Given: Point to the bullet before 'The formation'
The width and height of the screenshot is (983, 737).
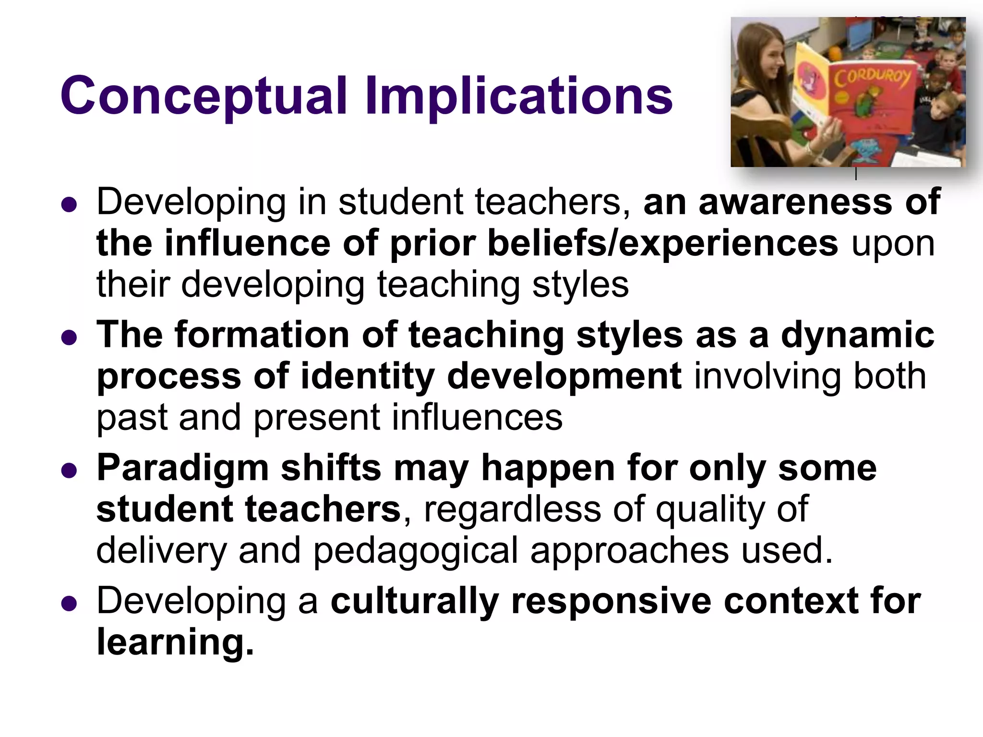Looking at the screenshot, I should (x=70, y=338).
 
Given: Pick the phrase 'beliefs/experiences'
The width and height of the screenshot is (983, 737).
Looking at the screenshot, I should (x=663, y=243).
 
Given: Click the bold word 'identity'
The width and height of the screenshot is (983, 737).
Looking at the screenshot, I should (x=368, y=376).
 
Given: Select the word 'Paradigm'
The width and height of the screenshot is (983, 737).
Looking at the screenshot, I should (x=182, y=468).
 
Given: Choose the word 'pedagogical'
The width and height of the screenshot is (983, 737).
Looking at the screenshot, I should (x=416, y=550).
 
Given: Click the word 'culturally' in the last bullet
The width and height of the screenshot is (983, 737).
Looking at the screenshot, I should (x=415, y=601).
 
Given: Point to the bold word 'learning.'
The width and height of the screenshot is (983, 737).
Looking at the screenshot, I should (x=175, y=642).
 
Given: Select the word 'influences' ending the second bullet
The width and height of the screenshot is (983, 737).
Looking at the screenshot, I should (x=477, y=417).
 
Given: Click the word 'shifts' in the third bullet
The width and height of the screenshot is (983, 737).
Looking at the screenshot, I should (x=331, y=467).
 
